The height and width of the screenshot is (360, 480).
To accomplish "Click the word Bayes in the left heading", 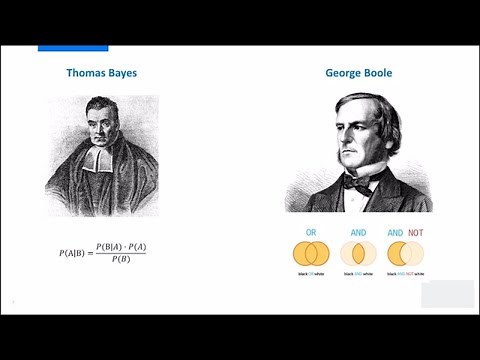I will tap(125, 73).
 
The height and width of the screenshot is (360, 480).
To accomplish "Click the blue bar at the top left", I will tap(73, 48).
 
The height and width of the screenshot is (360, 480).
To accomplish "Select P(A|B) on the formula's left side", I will tap(74, 253).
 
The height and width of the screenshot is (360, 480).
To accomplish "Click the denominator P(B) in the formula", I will tap(120, 260).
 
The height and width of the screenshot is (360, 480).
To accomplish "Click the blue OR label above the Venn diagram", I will tap(311, 233).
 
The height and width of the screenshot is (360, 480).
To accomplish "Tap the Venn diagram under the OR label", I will tap(311, 253).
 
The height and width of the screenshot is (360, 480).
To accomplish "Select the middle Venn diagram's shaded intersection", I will tap(358, 253).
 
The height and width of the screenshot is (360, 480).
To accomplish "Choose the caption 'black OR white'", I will tap(310, 273).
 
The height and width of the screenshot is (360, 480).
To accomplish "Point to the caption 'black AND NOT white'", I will tap(405, 273).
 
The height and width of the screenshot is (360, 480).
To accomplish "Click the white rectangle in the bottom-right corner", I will tap(447, 294).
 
